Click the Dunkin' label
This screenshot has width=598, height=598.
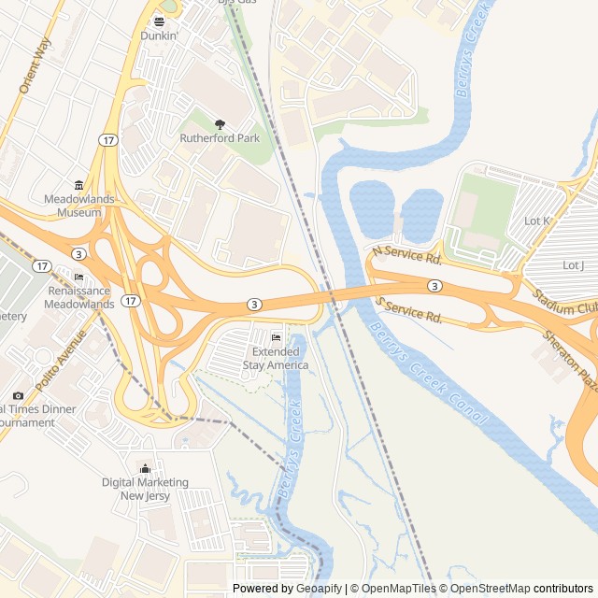coord(160,36)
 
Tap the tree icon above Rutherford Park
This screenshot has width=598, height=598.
coord(221,123)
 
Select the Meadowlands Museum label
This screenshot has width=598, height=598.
coord(72,206)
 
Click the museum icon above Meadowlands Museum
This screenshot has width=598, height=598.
coord(78,184)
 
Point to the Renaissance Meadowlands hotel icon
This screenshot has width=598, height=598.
coord(78,278)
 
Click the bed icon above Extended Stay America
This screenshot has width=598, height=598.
coord(275,337)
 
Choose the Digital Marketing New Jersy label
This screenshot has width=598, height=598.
coord(145,489)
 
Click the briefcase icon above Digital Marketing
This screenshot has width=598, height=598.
coord(145,468)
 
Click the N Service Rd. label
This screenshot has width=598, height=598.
coord(406,253)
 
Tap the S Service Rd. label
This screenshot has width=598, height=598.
coord(408,311)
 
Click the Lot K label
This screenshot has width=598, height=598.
coord(537,221)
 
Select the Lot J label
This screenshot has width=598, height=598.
coord(574,265)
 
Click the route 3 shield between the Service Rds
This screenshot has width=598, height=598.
coord(434,285)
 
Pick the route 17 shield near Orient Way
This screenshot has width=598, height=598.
coord(109,139)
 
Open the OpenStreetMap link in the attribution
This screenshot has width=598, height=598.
coord(485,589)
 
